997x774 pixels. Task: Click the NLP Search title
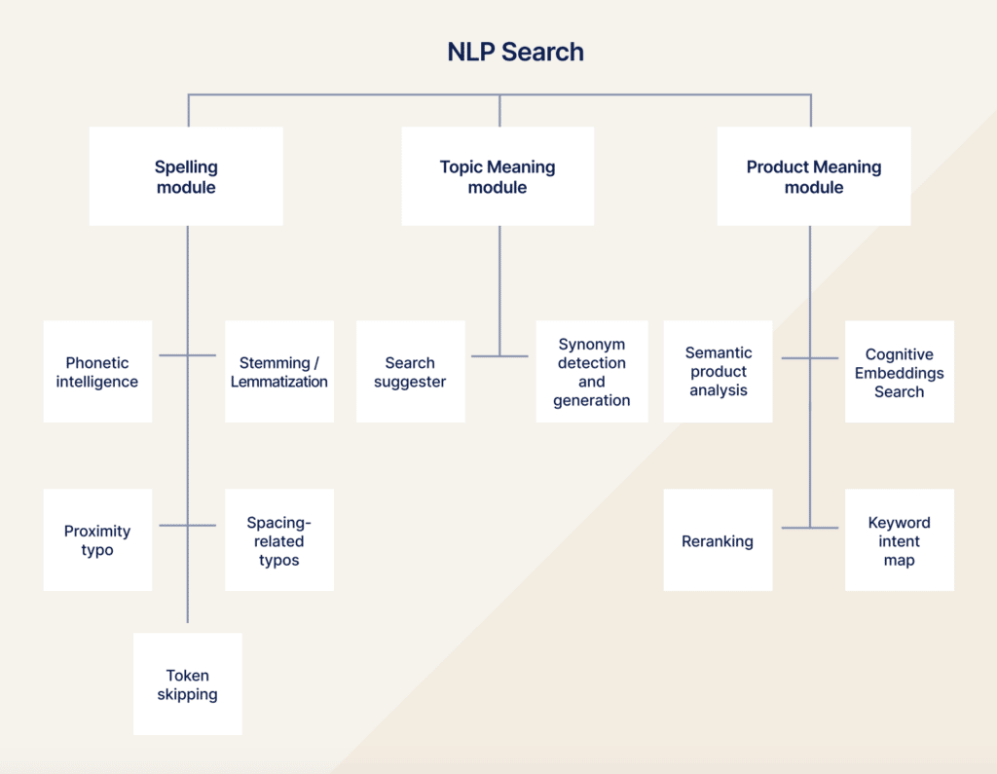(515, 52)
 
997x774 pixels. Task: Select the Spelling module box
(186, 176)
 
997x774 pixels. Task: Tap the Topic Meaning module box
(498, 176)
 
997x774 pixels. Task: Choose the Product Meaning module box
(814, 176)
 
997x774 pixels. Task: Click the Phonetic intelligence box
(97, 372)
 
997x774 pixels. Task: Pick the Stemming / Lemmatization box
(279, 372)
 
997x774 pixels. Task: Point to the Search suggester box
(410, 372)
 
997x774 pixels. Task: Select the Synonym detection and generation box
(592, 372)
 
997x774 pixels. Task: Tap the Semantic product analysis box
(719, 372)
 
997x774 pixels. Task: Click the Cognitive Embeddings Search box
(900, 372)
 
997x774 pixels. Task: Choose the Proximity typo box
(97, 540)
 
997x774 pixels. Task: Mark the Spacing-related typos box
(279, 540)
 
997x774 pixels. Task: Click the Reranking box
(719, 540)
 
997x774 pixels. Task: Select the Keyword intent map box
(900, 540)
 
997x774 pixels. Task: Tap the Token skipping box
(187, 684)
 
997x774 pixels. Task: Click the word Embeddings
(900, 373)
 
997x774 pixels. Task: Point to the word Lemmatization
(279, 382)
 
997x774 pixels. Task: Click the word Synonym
(592, 345)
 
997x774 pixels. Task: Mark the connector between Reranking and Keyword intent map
(809, 528)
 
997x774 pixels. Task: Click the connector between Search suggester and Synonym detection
(499, 356)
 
